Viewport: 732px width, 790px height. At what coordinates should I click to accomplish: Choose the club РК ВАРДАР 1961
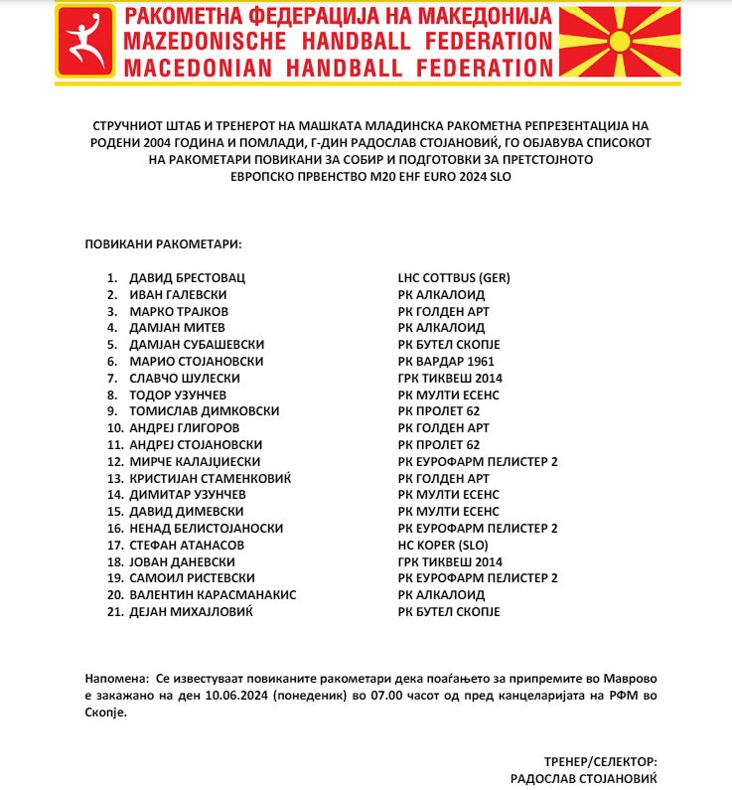[446, 361]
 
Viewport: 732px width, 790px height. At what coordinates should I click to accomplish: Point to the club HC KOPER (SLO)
[443, 545]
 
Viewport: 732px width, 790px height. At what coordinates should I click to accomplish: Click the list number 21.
[113, 611]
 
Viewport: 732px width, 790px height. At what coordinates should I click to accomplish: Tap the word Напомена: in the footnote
[116, 678]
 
